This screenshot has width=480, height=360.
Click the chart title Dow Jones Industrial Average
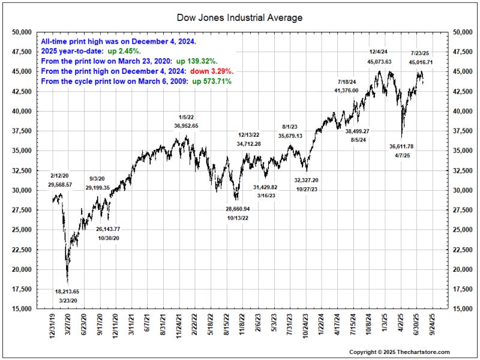pyautogui.click(x=240, y=18)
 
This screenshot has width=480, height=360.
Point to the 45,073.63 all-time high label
pyautogui.click(x=380, y=61)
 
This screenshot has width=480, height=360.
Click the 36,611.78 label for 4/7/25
pyautogui.click(x=402, y=146)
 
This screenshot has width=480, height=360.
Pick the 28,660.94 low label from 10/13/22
pyautogui.click(x=238, y=209)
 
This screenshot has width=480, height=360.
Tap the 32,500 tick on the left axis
pyautogui.click(x=22, y=170)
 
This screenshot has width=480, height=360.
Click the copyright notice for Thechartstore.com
pyautogui.click(x=399, y=352)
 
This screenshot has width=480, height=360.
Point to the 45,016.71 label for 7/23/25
pyautogui.click(x=421, y=62)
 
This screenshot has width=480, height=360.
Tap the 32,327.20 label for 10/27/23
pyautogui.click(x=307, y=180)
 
